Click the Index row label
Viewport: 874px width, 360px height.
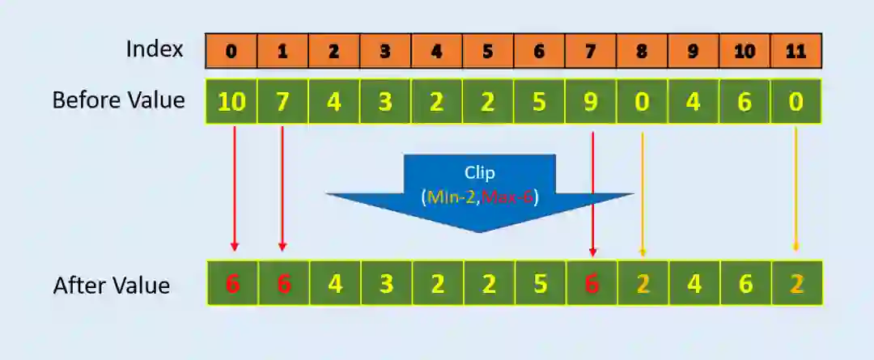coord(155,49)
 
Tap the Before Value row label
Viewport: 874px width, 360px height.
coord(118,100)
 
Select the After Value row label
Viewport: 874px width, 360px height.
coord(112,286)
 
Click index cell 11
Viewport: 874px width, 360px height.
coord(796,51)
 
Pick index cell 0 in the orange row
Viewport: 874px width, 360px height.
coord(231,51)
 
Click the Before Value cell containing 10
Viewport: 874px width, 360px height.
coord(231,102)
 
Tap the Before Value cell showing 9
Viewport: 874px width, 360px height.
coord(591,102)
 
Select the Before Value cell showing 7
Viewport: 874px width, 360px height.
coord(282,102)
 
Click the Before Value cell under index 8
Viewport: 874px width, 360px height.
coord(642,102)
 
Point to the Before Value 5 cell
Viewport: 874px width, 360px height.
coord(539,102)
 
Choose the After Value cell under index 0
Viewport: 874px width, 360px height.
coord(233,283)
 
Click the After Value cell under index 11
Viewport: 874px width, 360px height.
coord(796,283)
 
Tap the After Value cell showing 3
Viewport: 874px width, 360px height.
coord(386,283)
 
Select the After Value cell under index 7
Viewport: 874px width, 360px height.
coord(592,283)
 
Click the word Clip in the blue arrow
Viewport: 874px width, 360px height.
coord(479,172)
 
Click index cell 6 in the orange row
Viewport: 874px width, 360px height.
coord(539,51)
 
